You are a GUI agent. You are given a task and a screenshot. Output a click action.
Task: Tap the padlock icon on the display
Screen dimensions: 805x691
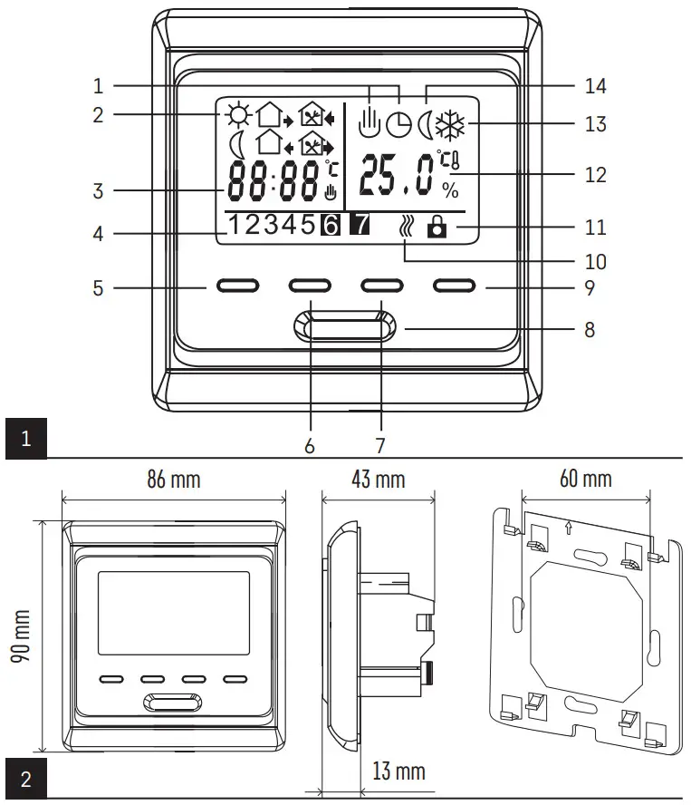437,227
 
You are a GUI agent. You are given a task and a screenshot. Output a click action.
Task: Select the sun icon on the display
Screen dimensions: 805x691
237,115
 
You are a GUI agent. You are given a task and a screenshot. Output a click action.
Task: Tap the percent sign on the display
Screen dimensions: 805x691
450,190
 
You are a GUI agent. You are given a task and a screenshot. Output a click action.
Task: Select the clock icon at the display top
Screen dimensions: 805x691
398,124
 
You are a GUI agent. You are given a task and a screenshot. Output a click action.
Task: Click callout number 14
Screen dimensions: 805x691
595,86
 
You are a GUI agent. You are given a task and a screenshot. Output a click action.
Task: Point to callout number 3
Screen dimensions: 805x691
98,191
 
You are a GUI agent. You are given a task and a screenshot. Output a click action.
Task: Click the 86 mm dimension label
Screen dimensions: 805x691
173,479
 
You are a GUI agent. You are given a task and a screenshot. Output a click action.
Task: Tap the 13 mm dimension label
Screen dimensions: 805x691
398,771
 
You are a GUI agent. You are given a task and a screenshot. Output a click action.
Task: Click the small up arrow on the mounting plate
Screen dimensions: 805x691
568,525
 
